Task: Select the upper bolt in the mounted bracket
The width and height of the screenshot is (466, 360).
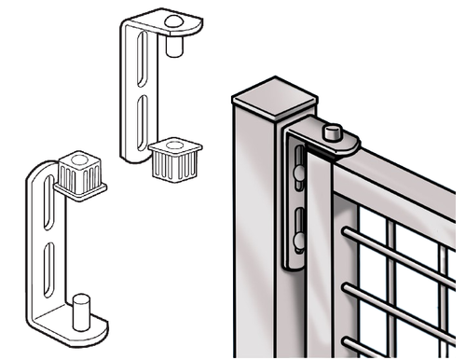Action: pyautogui.click(x=297, y=173)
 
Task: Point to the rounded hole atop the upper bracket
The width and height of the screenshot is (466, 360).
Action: pyautogui.click(x=173, y=20)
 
